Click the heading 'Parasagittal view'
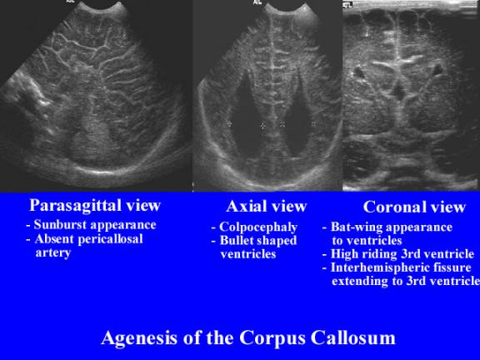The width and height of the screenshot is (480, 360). (94, 205)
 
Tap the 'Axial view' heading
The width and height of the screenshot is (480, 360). (266, 206)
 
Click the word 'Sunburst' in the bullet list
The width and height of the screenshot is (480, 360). (62, 225)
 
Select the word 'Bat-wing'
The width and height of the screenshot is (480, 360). (355, 227)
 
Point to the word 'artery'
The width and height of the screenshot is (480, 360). (52, 252)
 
